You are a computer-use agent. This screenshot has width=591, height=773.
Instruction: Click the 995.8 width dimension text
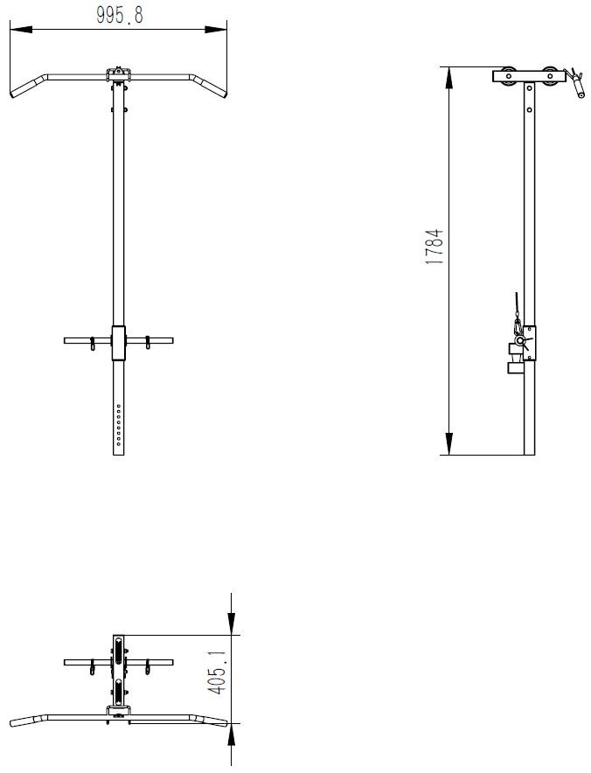click(x=120, y=15)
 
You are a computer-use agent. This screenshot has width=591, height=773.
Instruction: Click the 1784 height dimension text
click(x=435, y=247)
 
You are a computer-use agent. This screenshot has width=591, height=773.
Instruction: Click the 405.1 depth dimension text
click(x=218, y=672)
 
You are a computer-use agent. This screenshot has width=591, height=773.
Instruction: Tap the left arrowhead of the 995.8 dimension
click(x=21, y=30)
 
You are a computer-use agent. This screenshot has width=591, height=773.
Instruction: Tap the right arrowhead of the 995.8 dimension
click(x=216, y=30)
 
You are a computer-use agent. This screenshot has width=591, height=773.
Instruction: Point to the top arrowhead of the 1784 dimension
click(x=449, y=78)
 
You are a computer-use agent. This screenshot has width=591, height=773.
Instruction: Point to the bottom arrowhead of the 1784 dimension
click(x=449, y=443)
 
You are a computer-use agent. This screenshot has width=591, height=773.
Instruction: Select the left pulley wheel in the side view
click(x=508, y=76)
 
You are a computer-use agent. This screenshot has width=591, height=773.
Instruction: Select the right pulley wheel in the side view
click(x=550, y=76)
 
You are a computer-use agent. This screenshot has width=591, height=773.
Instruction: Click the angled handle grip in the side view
click(x=577, y=87)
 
